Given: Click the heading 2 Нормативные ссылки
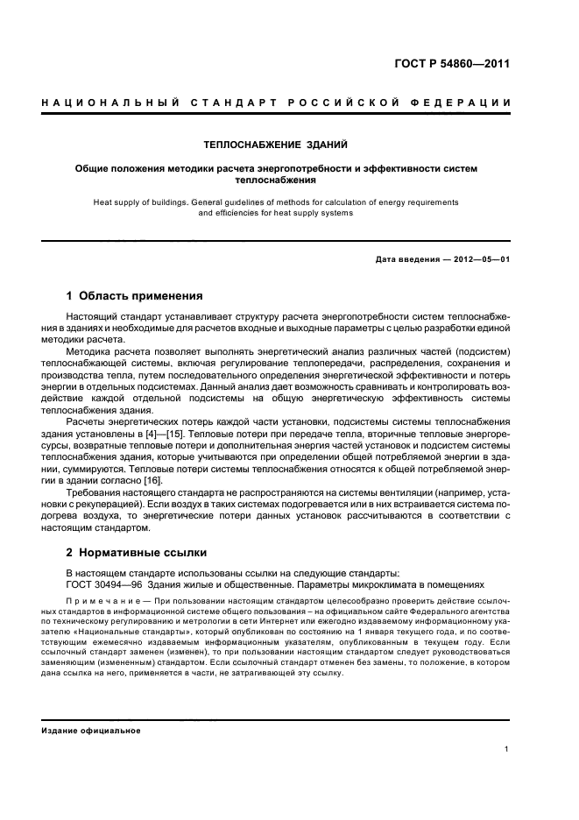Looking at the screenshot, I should tap(137, 554).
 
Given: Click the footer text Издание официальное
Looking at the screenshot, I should tap(91, 730).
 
